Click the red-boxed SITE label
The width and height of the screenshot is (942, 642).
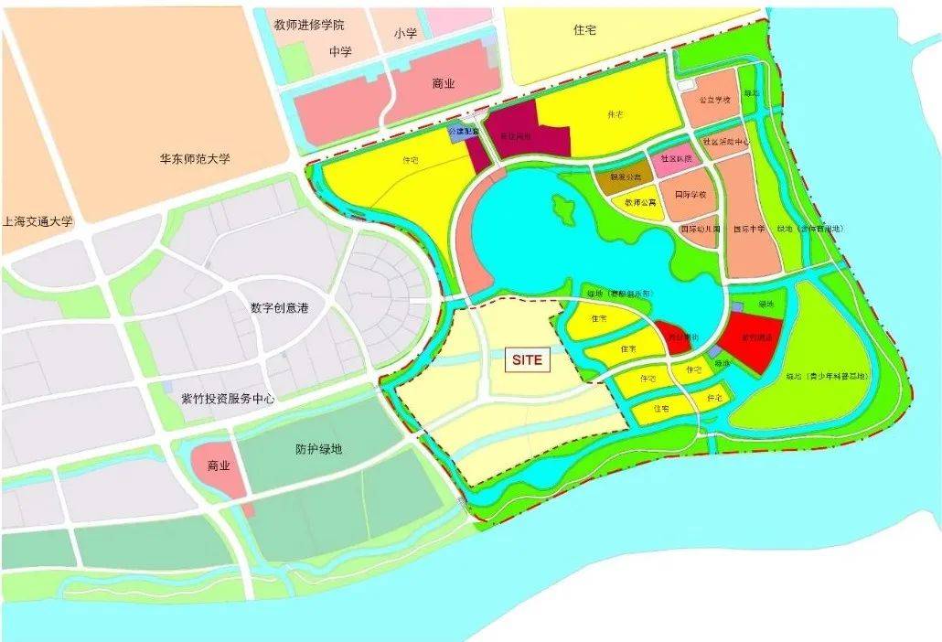click(528, 359)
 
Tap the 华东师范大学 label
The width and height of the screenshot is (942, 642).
click(194, 158)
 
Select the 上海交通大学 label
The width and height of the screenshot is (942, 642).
click(37, 220)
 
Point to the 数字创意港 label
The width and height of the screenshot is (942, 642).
click(280, 308)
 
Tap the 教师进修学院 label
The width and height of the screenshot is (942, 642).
click(313, 25)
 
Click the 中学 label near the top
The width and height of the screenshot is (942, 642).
click(340, 51)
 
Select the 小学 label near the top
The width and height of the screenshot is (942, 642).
click(405, 33)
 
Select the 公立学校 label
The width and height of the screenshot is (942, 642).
click(714, 99)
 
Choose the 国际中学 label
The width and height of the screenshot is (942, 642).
click(749, 230)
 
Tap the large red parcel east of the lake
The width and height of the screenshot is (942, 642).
click(752, 339)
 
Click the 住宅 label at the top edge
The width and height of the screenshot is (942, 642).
click(584, 29)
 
